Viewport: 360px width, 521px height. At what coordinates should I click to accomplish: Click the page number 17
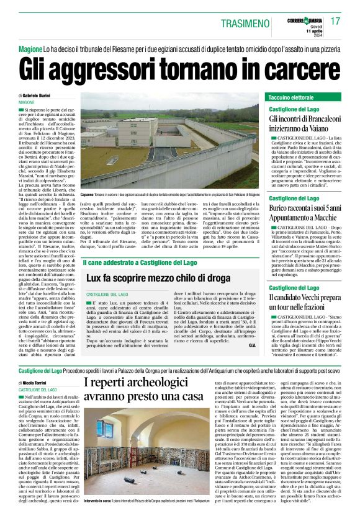(336, 21)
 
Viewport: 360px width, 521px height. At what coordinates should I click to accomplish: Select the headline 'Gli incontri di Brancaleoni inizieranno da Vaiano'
(304, 123)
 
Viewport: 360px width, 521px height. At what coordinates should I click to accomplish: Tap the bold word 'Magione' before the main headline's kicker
(30, 48)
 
